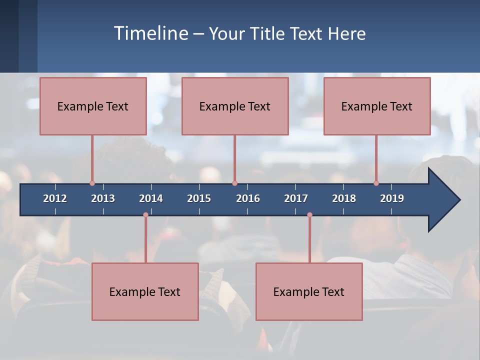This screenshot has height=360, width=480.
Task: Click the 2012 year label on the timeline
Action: [x=55, y=198]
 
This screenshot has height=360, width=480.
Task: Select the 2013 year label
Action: [x=103, y=198]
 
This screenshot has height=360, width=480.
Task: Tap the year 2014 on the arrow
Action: [x=151, y=198]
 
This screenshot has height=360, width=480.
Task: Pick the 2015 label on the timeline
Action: [x=199, y=198]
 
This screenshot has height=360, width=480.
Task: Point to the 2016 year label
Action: [x=248, y=198]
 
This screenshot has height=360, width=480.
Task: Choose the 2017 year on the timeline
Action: [x=296, y=198]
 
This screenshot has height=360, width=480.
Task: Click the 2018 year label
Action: [x=344, y=198]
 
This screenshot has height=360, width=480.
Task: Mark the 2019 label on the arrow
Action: [x=392, y=198]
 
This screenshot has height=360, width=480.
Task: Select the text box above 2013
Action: [x=93, y=106]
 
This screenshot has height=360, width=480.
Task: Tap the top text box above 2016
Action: [x=235, y=106]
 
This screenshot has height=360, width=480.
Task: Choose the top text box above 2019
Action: [x=377, y=106]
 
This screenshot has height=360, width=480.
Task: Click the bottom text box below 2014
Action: [x=145, y=291]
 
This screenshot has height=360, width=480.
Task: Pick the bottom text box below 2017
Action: [x=309, y=291]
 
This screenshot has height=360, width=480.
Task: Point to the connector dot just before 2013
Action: [x=92, y=183]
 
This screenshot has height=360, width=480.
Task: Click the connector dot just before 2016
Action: [x=234, y=183]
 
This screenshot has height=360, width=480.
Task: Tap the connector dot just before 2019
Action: [x=376, y=183]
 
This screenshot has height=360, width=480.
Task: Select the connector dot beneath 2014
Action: [x=145, y=215]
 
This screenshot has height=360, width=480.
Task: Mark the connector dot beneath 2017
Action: [x=309, y=215]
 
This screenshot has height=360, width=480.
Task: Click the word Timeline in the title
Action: [x=150, y=33]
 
